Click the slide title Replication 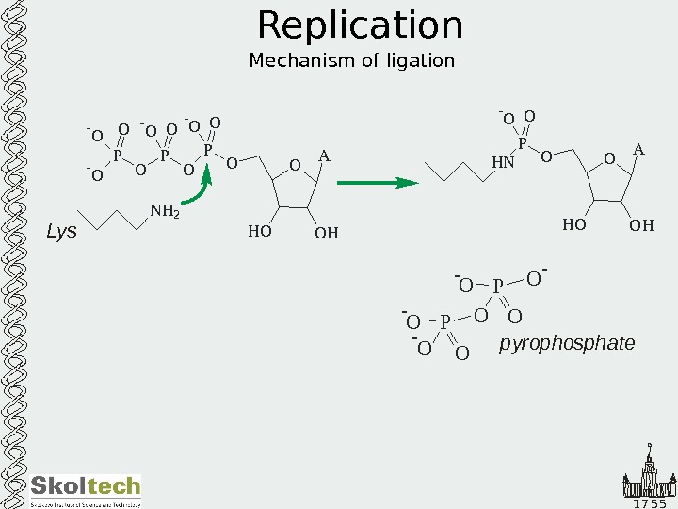point(360,25)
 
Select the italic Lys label point(61,231)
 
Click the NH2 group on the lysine point(164,212)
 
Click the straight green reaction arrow point(377,183)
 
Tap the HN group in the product point(504,162)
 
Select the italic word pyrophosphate point(567,344)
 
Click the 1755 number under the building point(649,502)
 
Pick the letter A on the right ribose point(638,150)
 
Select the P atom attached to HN point(523,143)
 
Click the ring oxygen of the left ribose point(295,166)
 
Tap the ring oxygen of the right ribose point(608,159)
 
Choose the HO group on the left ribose point(259,231)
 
